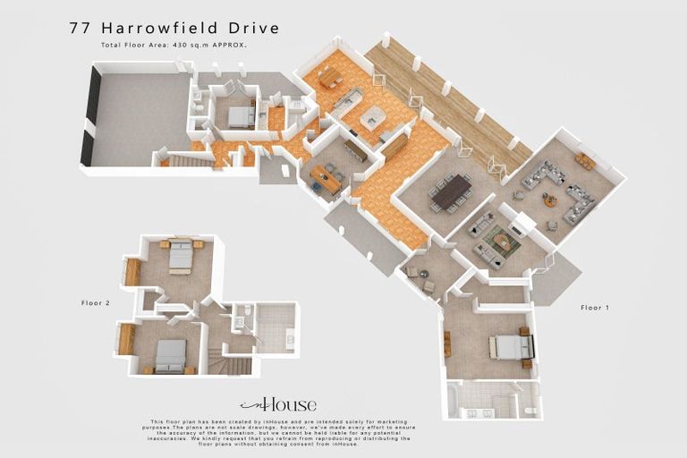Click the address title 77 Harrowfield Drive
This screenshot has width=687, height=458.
pos(174,29)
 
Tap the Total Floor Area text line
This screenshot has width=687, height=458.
pos(174,44)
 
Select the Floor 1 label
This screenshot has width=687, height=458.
pos(594,308)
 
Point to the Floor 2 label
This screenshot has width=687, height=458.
pos(95,303)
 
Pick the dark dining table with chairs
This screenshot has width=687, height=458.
pos(451,191)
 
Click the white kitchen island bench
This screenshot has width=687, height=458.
pos(372,117)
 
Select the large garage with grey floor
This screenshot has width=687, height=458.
pos(138,118)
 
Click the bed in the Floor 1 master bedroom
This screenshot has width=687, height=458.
pos(510,346)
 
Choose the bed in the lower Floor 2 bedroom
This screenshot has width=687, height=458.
pos(169,355)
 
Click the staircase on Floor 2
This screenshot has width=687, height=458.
pos(235,363)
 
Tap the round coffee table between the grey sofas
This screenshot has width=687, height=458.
pos(549,199)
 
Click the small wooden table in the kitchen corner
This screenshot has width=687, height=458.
pos(330,79)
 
